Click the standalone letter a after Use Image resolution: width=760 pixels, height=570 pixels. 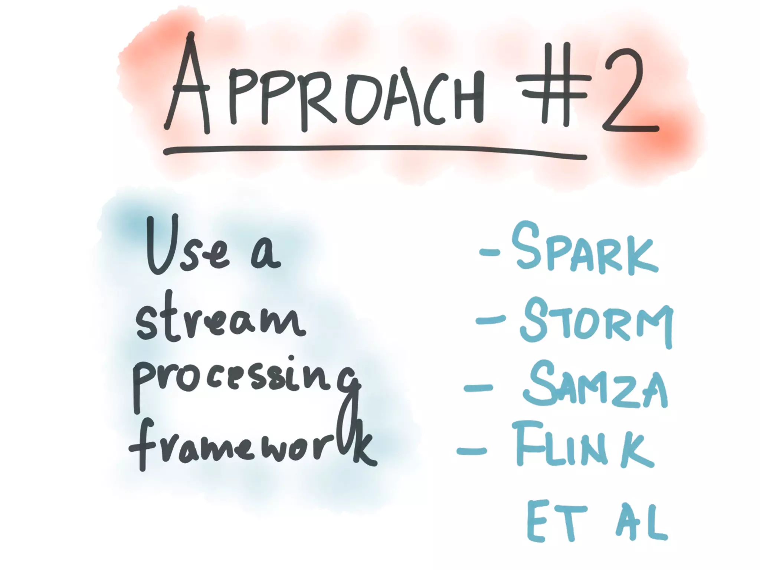[x=265, y=254]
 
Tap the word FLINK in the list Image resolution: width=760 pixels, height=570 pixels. [x=583, y=445]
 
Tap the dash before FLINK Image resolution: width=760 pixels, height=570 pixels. [x=471, y=451]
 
